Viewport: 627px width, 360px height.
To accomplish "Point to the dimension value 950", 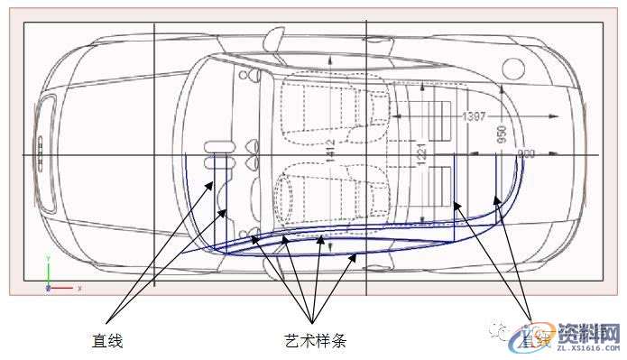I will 502,137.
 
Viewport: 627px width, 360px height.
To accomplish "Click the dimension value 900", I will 526,155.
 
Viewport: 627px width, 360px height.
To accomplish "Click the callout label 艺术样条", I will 309,340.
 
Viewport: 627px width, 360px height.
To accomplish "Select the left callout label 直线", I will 106,340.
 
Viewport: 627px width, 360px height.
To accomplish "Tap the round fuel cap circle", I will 512,69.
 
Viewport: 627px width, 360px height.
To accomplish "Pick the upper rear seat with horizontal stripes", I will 438,117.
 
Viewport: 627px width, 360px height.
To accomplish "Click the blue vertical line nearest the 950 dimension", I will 499,177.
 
